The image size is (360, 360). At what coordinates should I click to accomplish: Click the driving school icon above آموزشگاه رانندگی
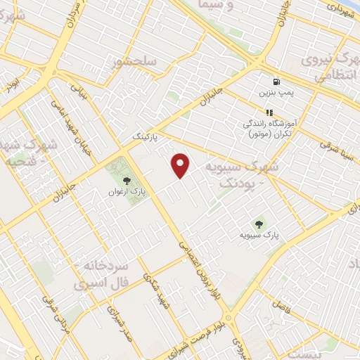[x=269, y=112]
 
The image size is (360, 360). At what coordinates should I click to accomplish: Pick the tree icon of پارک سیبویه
[x=259, y=225]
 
